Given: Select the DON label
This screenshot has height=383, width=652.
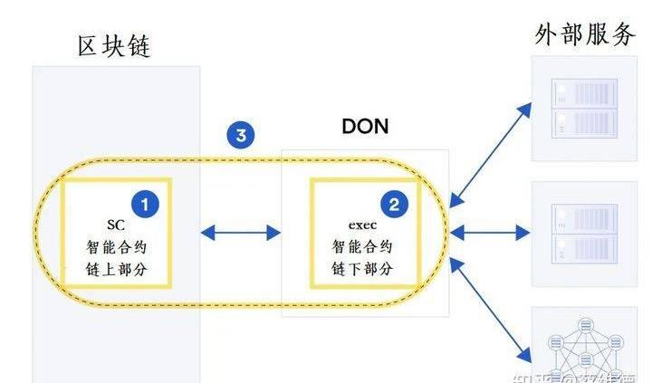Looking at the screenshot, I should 365,126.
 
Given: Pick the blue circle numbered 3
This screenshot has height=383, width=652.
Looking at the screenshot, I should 240,136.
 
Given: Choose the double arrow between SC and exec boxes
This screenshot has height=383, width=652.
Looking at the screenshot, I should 240,233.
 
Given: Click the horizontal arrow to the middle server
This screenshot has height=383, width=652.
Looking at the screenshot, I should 489,233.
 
